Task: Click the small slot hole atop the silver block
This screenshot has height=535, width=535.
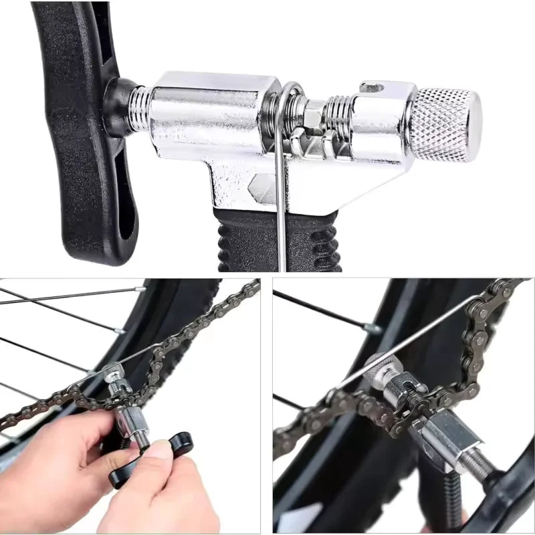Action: coord(372,87)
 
